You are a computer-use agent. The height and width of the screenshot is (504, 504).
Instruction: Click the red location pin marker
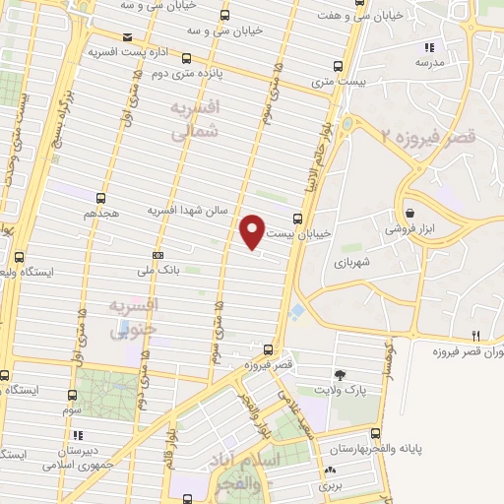(253, 230)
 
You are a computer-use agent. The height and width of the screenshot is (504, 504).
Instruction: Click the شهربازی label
(349, 263)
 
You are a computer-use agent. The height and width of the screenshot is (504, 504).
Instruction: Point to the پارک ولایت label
(341, 391)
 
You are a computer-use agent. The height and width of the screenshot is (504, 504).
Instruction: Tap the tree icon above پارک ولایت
(341, 375)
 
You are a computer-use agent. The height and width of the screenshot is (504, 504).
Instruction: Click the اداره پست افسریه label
(129, 49)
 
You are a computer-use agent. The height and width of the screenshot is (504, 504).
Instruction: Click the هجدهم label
(102, 212)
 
